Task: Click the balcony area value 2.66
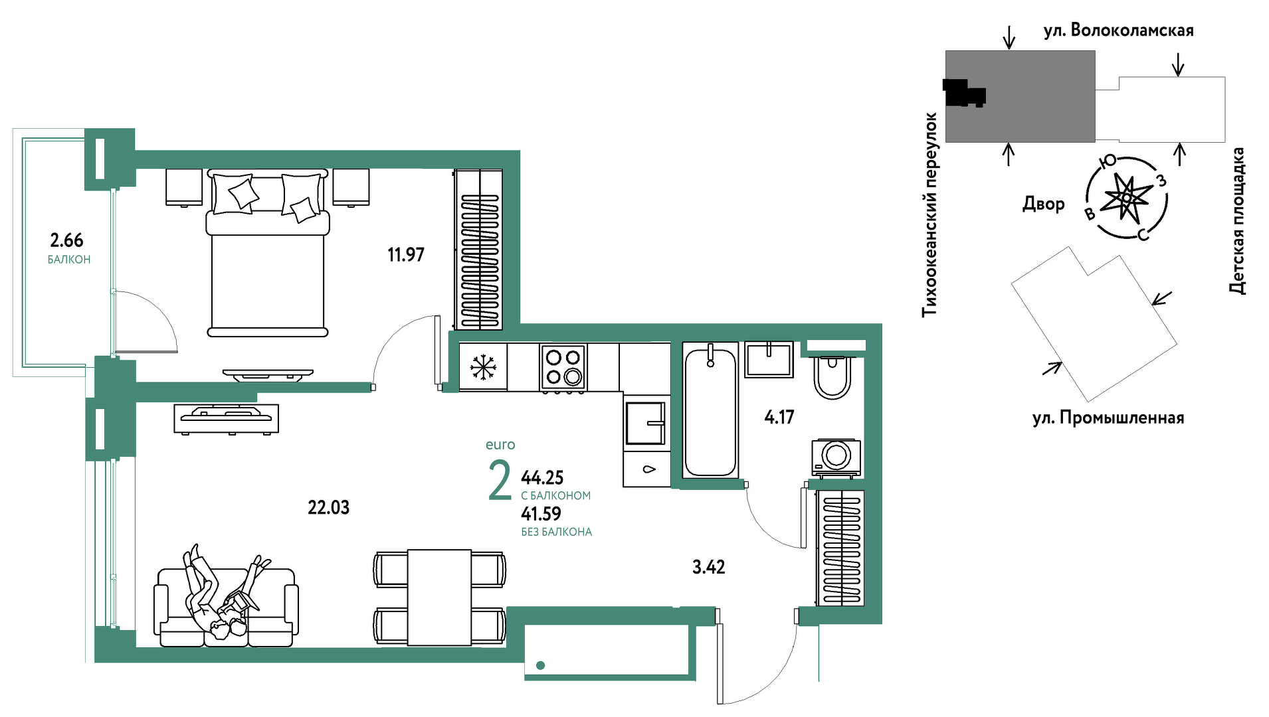tap(66, 240)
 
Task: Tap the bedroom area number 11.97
tap(406, 254)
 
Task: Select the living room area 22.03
tap(328, 507)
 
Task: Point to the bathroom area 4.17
tap(779, 417)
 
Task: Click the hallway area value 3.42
tap(709, 567)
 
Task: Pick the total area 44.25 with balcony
tap(542, 477)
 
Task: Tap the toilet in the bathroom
tap(832, 377)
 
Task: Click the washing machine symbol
tap(836, 457)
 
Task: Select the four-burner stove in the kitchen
tap(563, 366)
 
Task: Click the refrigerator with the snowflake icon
tap(483, 366)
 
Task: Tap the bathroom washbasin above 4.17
tap(769, 359)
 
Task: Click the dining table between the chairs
tap(440, 597)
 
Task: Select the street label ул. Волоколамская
tap(1118, 31)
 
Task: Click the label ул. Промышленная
tap(1108, 418)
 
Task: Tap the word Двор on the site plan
tap(1043, 204)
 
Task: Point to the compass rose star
tap(1126, 197)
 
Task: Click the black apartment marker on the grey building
tap(963, 93)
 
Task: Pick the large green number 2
tap(500, 481)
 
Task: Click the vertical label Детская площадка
tap(1236, 220)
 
